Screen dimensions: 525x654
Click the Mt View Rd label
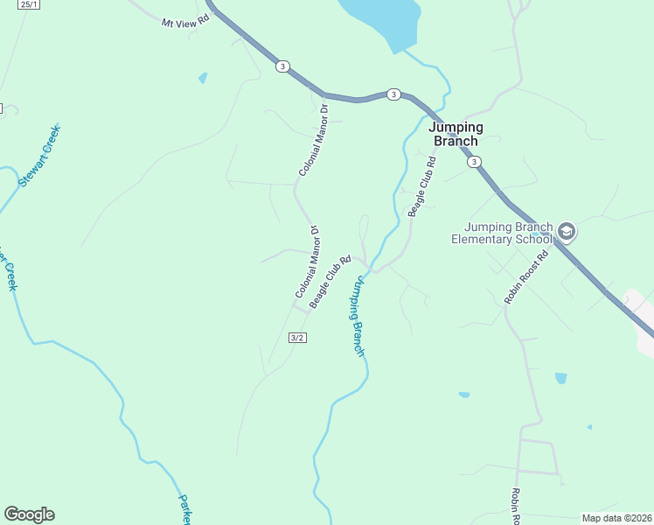tap(187, 21)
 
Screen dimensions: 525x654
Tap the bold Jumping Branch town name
tap(455, 134)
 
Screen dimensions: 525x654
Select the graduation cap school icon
tap(566, 231)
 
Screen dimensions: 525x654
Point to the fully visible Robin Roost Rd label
tap(525, 277)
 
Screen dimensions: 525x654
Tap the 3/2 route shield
tap(296, 337)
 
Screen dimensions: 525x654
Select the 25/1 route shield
tap(29, 4)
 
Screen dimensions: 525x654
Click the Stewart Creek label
tap(38, 155)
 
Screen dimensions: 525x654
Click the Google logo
tap(29, 514)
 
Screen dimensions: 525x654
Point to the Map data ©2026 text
tap(616, 517)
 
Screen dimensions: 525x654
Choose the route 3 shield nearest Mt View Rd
tap(282, 66)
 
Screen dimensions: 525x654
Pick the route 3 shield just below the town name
tap(474, 162)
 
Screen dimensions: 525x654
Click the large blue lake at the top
tap(385, 19)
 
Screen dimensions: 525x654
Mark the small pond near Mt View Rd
tap(203, 78)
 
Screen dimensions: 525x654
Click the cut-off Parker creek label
tap(184, 509)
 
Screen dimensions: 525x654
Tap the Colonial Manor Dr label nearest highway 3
tap(312, 140)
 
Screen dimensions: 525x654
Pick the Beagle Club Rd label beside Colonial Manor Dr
tap(330, 281)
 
